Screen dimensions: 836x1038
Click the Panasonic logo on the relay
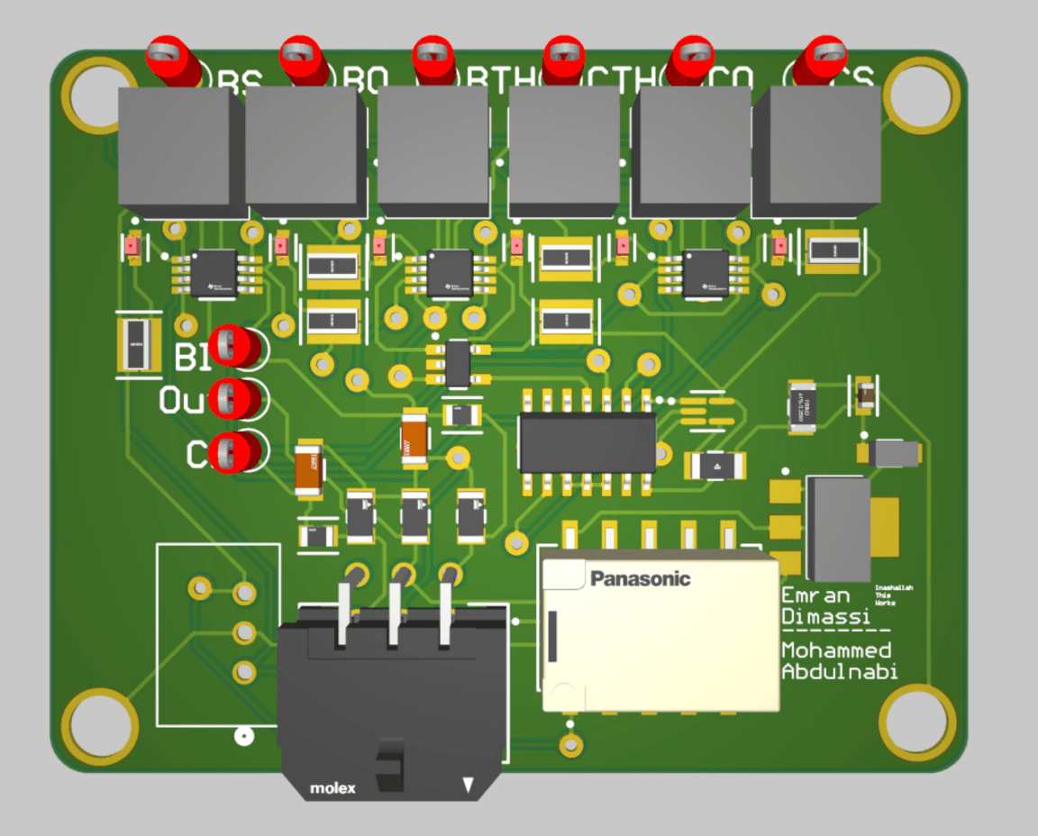(640, 578)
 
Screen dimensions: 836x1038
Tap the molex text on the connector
(332, 788)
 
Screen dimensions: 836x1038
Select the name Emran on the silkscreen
(815, 595)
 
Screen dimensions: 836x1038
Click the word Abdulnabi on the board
(839, 671)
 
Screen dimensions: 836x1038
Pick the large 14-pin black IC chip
(586, 442)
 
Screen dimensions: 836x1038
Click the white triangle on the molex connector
(468, 786)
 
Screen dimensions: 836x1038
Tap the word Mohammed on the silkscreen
(836, 650)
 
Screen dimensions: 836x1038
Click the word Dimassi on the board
(825, 617)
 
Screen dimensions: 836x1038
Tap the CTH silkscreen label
(617, 81)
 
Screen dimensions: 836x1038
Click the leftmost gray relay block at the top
(179, 149)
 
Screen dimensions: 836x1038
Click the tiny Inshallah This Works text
(894, 595)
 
